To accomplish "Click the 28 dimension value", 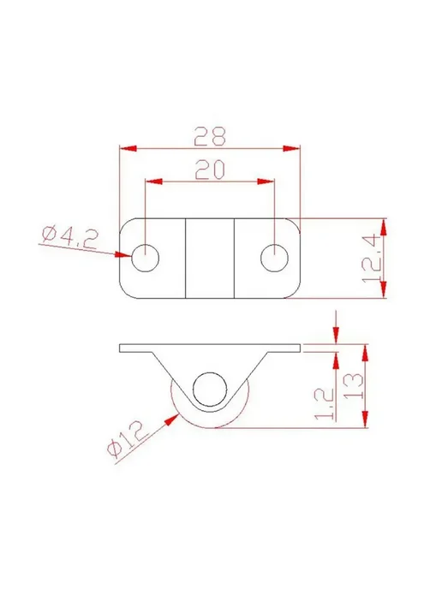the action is [210, 136].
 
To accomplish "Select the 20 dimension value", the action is [210, 169].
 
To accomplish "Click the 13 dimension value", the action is [354, 386].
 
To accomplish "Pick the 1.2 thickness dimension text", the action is [324, 404].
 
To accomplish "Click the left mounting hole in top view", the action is [145, 258].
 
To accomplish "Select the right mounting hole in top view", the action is [275, 258].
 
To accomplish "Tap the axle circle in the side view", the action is [210, 390].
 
